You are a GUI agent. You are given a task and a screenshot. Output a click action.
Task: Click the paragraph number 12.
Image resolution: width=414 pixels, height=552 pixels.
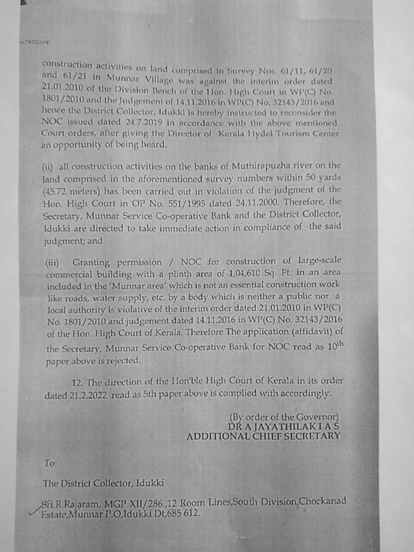pos(78,383)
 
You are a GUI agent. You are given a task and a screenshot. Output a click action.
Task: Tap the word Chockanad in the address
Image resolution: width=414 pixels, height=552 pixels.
pos(323,501)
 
